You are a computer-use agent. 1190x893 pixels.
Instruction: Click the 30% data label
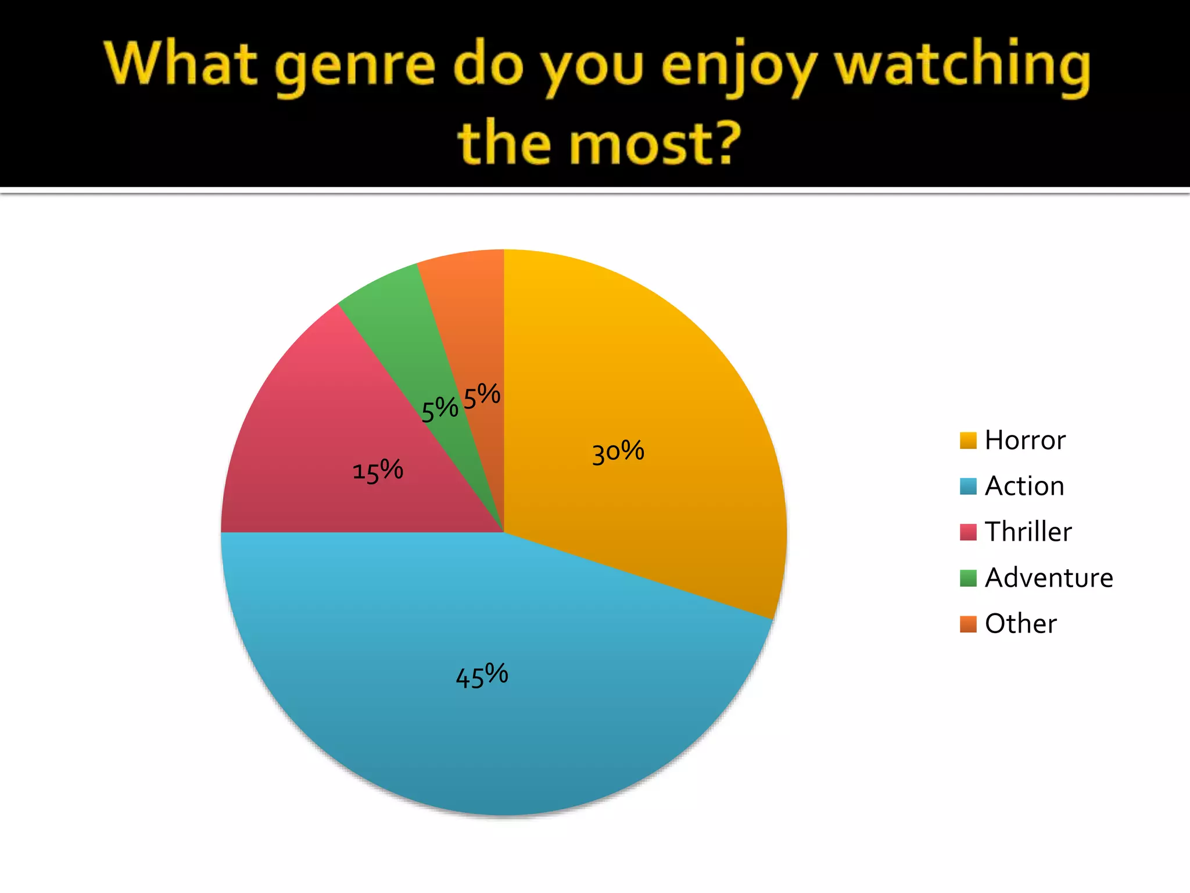(618, 452)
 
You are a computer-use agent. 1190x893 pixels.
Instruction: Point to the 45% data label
(482, 676)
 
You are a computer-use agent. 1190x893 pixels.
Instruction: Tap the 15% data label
(378, 470)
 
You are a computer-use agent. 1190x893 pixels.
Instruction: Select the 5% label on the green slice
(439, 409)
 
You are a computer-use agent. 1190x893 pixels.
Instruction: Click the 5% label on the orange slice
(482, 396)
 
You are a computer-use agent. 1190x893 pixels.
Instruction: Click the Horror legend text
(1025, 440)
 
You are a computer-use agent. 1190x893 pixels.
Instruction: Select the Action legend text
(1024, 486)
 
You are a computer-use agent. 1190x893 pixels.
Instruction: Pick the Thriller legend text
(1028, 532)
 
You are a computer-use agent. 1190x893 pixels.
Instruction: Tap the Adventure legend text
(1049, 578)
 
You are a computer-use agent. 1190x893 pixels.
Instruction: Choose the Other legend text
(1020, 624)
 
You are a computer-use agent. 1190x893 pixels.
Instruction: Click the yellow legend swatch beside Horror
(968, 441)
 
